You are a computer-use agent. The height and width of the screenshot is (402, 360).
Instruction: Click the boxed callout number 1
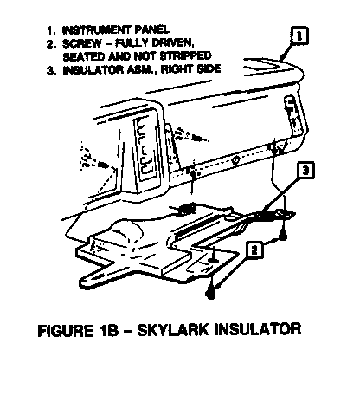click(299, 36)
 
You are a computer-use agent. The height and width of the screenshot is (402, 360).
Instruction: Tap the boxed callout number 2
click(254, 250)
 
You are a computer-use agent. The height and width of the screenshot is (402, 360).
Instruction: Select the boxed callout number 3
click(305, 171)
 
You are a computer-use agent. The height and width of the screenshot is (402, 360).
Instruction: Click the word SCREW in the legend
click(82, 43)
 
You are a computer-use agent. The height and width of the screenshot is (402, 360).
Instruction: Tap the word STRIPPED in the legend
click(185, 55)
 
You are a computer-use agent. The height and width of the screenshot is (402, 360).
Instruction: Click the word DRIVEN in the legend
click(173, 43)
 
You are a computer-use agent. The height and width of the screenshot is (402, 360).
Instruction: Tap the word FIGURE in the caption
click(66, 330)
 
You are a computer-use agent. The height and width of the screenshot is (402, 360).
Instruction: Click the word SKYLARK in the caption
click(173, 329)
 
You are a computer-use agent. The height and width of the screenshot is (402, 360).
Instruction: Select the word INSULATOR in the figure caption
click(258, 329)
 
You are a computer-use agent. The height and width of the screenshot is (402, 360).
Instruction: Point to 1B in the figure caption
click(109, 330)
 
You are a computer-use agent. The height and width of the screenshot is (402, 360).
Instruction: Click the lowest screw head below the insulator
click(210, 294)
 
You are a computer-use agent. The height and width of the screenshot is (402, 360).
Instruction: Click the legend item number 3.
click(51, 71)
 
